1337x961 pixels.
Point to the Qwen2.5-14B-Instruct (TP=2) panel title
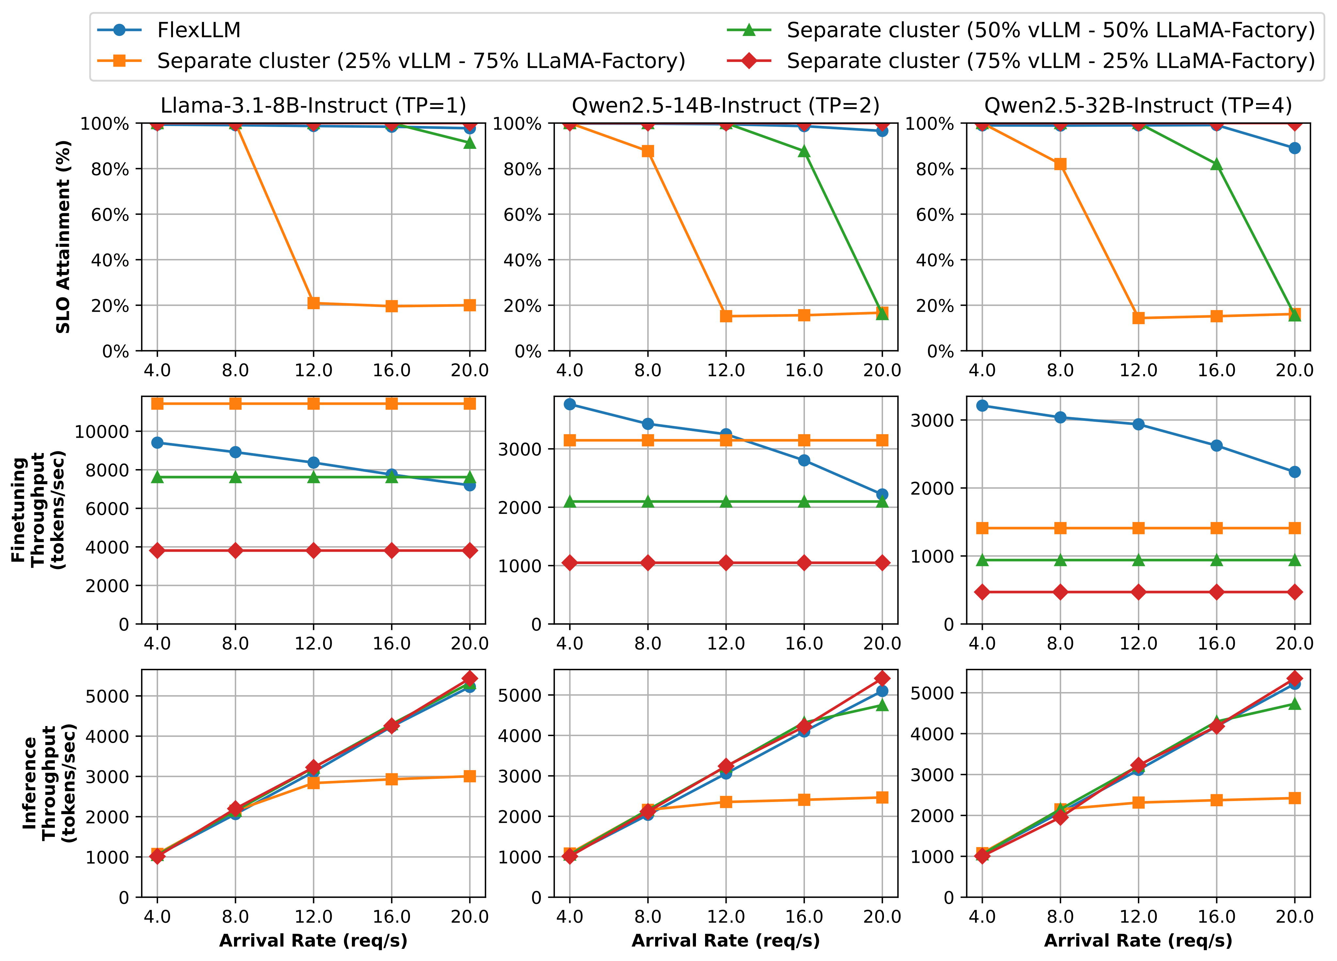pos(726,105)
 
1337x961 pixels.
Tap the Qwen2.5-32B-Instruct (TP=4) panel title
pos(1138,105)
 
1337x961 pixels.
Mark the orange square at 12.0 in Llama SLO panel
pos(314,303)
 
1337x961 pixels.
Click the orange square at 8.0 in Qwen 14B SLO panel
pos(648,151)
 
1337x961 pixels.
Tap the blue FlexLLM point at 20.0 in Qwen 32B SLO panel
pos(1295,148)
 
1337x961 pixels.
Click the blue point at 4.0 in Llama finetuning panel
pos(157,443)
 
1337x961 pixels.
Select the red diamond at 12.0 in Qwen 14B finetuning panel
pos(726,563)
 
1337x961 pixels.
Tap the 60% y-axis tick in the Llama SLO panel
pos(110,214)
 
